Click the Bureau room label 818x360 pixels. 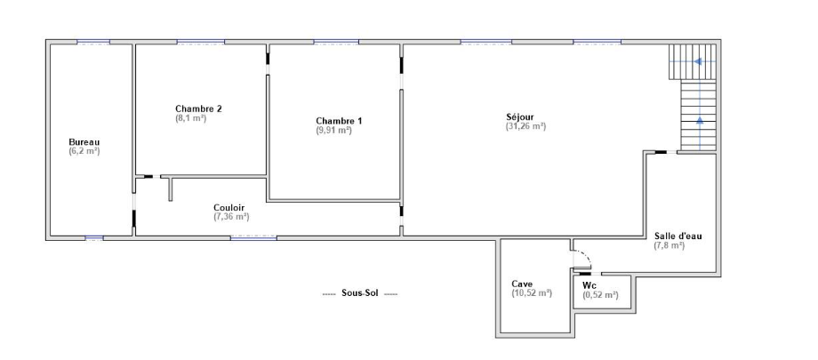click(x=84, y=142)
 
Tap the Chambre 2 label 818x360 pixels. click(x=199, y=109)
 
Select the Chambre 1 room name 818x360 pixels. click(x=339, y=121)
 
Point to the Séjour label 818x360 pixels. click(x=519, y=116)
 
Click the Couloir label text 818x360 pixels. click(x=229, y=207)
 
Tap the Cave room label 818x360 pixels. click(x=522, y=284)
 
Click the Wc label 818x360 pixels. click(x=590, y=285)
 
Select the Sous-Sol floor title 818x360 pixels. click(x=360, y=293)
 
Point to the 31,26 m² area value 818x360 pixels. click(x=525, y=125)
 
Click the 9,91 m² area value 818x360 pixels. click(x=334, y=131)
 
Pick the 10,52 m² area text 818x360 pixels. click(x=532, y=293)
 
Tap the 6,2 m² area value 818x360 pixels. click(x=84, y=151)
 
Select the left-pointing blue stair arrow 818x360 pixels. click(x=696, y=61)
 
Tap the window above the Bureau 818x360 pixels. click(x=93, y=42)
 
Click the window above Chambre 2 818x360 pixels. click(x=201, y=42)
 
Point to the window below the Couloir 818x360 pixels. click(x=253, y=238)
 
